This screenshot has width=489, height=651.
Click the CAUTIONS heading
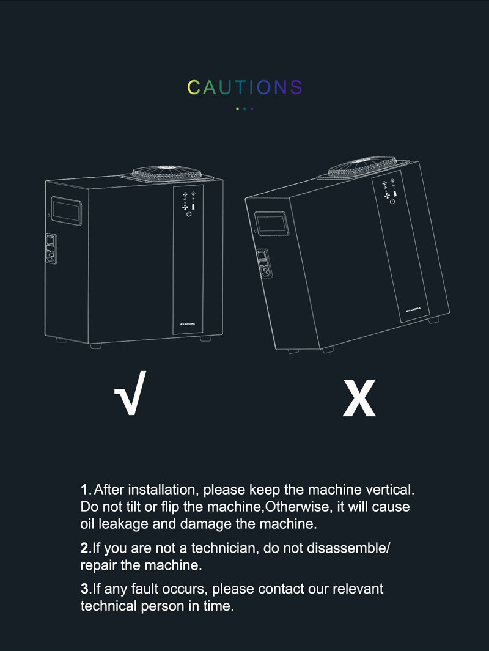coord(244,87)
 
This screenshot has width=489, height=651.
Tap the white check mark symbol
coord(130,393)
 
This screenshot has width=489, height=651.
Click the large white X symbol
coord(359,398)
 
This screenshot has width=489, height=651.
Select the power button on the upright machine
coord(189,214)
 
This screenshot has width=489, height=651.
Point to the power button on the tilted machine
coord(392,202)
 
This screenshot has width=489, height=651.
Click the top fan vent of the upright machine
coord(167,174)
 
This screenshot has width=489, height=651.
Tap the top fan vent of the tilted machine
coord(363,166)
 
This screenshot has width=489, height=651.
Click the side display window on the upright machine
coord(67,211)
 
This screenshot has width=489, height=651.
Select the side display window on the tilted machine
coord(271,224)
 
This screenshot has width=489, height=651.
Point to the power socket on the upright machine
coord(51,249)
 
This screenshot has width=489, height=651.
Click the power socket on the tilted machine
coord(265,263)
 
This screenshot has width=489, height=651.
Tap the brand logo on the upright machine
coord(188,324)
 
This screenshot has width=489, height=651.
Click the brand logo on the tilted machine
coord(413,309)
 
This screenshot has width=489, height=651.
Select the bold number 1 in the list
coord(84,490)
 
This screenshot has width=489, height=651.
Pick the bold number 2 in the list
coord(85,548)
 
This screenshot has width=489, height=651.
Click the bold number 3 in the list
coord(85,589)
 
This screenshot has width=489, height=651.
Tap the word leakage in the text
coord(123,524)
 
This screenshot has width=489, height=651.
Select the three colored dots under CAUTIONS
coord(244,109)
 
